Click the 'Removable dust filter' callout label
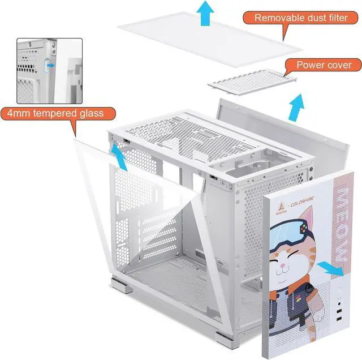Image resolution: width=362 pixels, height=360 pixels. [300, 17]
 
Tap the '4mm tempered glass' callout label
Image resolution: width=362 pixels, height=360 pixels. [55, 113]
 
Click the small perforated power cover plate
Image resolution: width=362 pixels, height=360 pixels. [252, 82]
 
